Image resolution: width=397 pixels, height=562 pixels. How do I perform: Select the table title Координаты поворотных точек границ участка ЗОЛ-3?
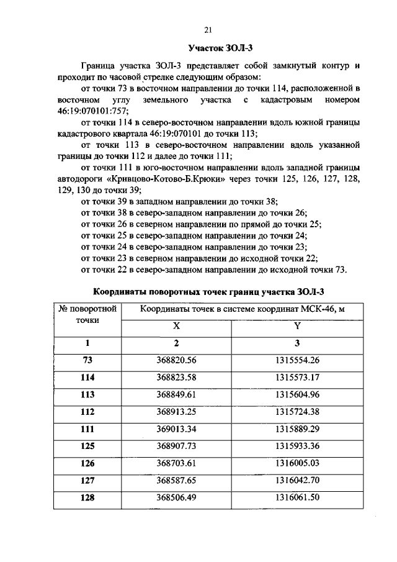coord(208,291)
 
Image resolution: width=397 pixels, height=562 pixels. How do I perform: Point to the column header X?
coord(176,326)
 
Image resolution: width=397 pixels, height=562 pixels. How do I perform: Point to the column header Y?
coord(297,326)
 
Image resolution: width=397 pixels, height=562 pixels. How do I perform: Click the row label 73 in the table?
coord(87,360)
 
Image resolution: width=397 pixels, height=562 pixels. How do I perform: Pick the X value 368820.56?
coord(176,360)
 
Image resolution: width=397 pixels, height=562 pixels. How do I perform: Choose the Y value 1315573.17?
coord(297,377)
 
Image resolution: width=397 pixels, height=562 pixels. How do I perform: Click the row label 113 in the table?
coord(87,394)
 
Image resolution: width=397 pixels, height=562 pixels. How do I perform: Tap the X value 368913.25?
coord(176,411)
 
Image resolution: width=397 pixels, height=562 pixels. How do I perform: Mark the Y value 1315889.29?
coord(297,428)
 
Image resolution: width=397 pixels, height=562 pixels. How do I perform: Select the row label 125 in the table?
coord(87,445)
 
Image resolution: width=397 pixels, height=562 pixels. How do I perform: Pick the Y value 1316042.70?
coord(297,479)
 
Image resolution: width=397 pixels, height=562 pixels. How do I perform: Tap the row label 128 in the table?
coord(87,497)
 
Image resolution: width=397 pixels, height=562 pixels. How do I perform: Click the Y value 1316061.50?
coord(297,497)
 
